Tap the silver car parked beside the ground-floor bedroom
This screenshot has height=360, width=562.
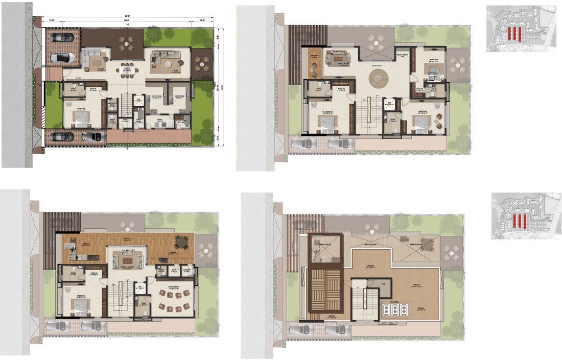pyautogui.click(x=92, y=136)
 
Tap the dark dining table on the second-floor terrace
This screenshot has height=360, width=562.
pyautogui.click(x=181, y=241)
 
